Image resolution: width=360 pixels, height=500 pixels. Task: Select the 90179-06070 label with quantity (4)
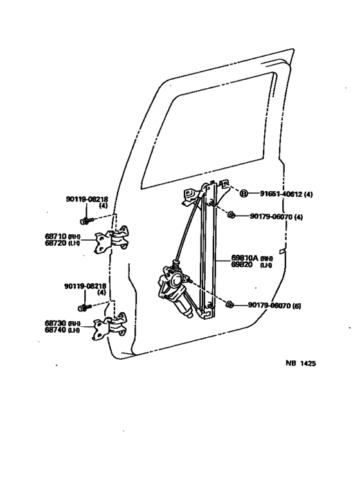tap(271, 216)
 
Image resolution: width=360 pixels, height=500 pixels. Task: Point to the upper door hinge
tap(113, 241)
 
